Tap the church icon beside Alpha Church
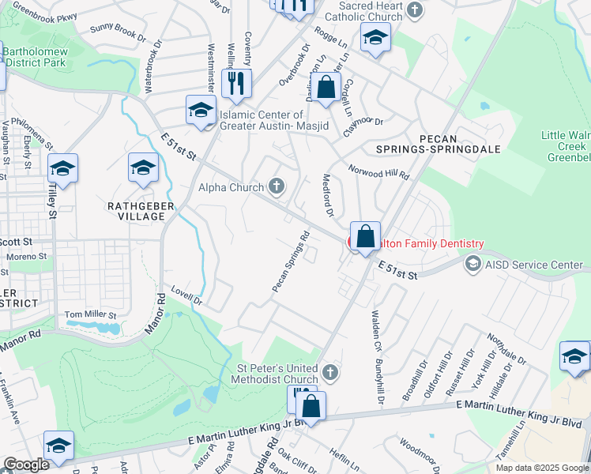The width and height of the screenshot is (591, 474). tap(276, 187)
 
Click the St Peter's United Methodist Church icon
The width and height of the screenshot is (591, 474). tap(332, 371)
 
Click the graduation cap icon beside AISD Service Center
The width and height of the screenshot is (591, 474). tap(473, 264)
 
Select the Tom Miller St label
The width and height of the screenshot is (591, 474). tap(90, 314)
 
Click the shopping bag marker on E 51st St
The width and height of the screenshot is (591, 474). tap(365, 236)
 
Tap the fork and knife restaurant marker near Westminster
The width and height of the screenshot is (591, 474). tap(235, 83)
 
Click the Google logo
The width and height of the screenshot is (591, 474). tap(25, 465)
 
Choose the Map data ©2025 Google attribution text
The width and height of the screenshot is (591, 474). tap(542, 468)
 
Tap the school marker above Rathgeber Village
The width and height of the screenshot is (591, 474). tap(143, 168)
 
